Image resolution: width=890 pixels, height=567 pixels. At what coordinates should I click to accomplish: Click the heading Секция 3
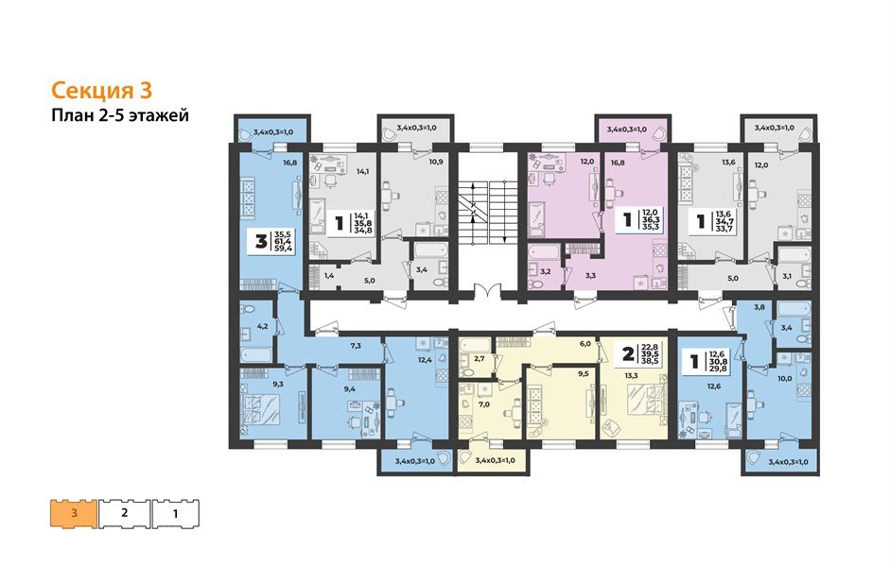point(100,91)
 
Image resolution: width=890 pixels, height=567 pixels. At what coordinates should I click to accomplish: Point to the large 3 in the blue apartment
point(257,240)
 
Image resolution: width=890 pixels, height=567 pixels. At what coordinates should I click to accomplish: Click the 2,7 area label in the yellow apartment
point(480,359)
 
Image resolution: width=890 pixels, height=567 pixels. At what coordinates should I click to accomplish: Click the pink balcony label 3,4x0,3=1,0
point(631,128)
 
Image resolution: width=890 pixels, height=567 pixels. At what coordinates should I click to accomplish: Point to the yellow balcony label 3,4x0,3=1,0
point(495,460)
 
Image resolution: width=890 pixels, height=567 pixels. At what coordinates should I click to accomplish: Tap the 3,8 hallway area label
point(759,308)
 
